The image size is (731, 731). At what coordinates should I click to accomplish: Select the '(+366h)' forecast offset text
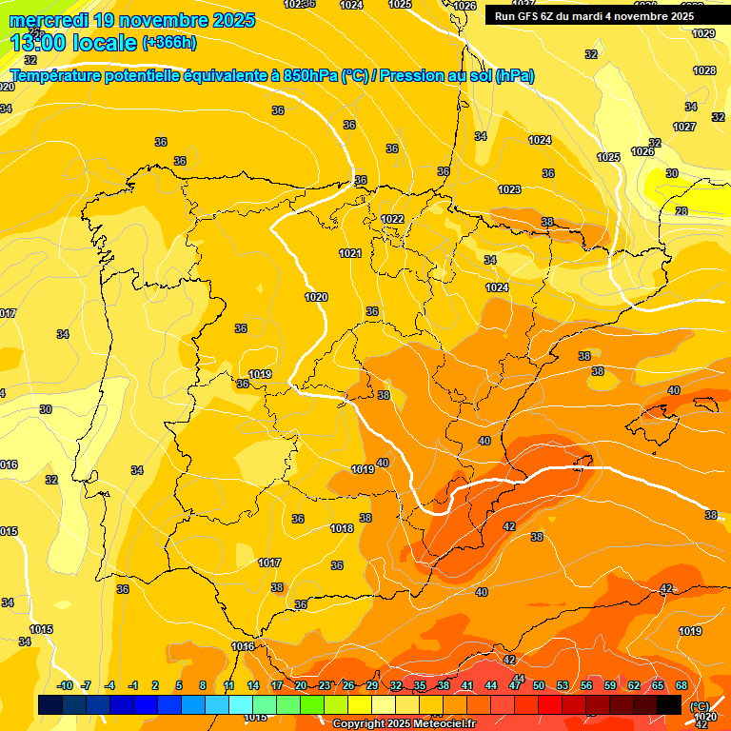(168, 43)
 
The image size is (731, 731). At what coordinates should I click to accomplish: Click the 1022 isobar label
(392, 219)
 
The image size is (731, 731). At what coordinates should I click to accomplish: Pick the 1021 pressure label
(350, 253)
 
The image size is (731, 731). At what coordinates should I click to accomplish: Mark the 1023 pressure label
(509, 189)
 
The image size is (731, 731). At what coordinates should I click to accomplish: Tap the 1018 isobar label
(342, 528)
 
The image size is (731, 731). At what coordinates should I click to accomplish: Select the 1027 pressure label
(684, 127)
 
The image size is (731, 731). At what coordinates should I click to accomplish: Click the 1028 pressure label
(704, 70)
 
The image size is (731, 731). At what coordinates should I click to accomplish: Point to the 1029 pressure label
(703, 33)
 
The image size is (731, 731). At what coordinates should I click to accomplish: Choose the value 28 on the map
(682, 211)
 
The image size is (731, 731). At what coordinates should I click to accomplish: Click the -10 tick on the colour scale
(65, 685)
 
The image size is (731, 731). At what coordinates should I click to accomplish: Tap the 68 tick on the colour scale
(682, 685)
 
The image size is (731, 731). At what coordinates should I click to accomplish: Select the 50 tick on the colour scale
(539, 685)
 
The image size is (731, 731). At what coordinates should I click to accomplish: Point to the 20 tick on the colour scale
(301, 685)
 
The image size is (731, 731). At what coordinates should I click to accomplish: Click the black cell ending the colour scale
(669, 704)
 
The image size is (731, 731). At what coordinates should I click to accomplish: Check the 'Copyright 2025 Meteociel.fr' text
(404, 723)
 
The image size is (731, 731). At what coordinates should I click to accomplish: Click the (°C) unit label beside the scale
(701, 705)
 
